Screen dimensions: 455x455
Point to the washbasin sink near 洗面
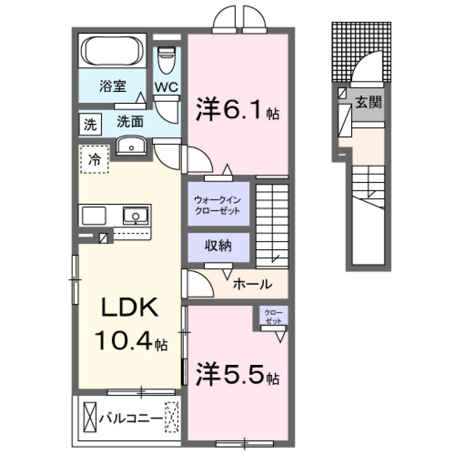click(x=131, y=146)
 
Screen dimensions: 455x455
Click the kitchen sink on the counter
click(x=136, y=216)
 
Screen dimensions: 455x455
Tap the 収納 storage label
click(x=218, y=246)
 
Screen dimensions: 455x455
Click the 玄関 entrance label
click(x=368, y=102)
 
